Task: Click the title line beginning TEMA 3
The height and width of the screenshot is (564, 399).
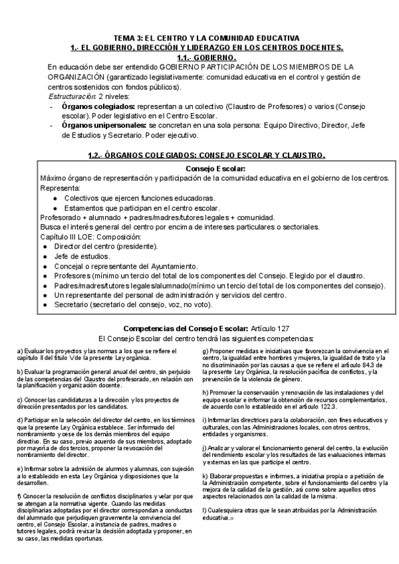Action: click(206, 39)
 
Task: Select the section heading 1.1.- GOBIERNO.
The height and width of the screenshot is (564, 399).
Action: click(205, 58)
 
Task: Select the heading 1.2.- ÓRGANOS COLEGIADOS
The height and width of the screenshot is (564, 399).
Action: click(206, 155)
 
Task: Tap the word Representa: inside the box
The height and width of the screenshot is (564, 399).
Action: click(59, 188)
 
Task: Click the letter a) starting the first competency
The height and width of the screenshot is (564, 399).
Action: click(20, 351)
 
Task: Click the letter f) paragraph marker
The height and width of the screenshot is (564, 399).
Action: click(19, 496)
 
